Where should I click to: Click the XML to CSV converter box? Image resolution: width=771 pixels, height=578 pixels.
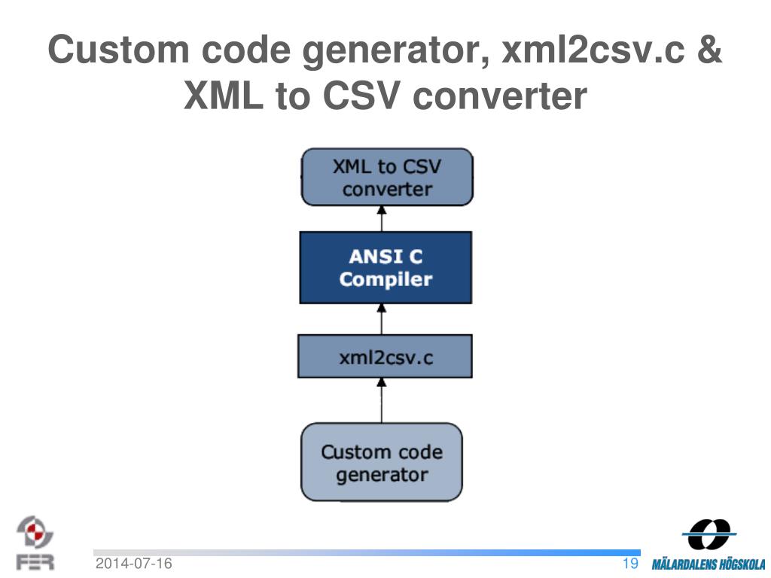(387, 177)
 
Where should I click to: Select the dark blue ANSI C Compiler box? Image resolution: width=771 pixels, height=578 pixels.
(385, 268)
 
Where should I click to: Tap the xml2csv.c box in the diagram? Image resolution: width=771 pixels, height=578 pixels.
(385, 357)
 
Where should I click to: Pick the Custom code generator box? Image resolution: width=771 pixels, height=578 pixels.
(382, 462)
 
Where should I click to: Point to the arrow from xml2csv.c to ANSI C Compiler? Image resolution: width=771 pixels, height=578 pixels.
(382, 319)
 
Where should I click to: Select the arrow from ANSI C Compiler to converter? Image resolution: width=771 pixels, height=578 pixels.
(382, 219)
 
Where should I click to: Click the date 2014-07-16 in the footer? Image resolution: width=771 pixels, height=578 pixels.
(133, 564)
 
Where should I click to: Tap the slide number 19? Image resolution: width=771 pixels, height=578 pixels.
(630, 564)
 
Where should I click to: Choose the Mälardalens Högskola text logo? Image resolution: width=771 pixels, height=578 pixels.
(708, 564)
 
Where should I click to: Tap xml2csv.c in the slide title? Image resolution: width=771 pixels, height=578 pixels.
(588, 51)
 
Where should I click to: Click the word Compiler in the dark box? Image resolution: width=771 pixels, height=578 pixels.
(385, 280)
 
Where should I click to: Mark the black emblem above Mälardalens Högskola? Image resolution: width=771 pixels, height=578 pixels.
(708, 534)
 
